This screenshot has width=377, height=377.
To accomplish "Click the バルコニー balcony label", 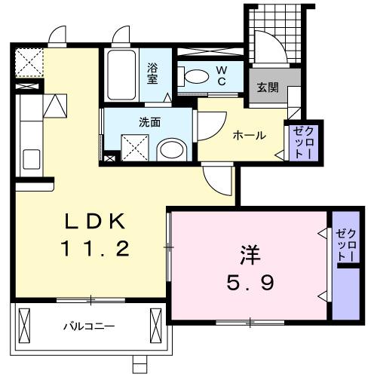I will pyautogui.click(x=88, y=326).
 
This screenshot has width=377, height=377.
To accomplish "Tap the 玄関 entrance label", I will pyautogui.click(x=268, y=87).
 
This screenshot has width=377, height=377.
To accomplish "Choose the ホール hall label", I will pyautogui.click(x=249, y=135).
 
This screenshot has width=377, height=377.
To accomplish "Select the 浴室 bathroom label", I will pyautogui.click(x=152, y=73).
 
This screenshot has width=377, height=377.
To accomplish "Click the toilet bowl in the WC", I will pyautogui.click(x=195, y=75).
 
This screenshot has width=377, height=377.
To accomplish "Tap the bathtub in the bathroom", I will pyautogui.click(x=121, y=77).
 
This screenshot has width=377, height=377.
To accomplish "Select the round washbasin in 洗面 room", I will pyautogui.click(x=173, y=149).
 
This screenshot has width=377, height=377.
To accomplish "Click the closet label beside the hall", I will pyautogui.click(x=301, y=142).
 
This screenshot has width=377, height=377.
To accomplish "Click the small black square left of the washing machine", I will pyautogui.click(x=109, y=158).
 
